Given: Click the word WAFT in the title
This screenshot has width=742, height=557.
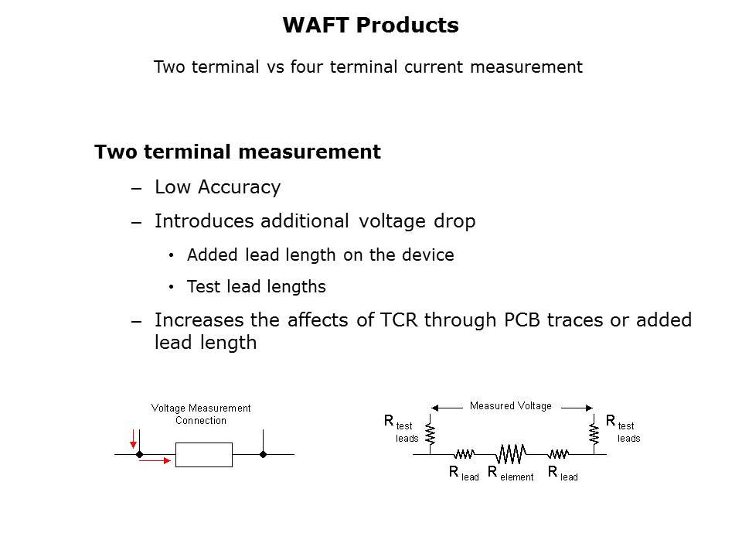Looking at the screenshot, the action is pyautogui.click(x=313, y=26).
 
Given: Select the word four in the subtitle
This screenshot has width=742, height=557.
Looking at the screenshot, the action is pyautogui.click(x=308, y=67).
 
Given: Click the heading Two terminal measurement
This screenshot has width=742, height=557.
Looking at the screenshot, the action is pyautogui.click(x=237, y=152).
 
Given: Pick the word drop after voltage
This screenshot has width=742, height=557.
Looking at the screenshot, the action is pyautogui.click(x=454, y=221).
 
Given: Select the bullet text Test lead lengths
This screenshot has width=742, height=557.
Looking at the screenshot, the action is pyautogui.click(x=256, y=287).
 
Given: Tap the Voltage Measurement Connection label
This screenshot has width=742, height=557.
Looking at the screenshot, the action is pyautogui.click(x=201, y=414).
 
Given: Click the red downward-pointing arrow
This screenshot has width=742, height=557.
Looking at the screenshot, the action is pyautogui.click(x=134, y=439).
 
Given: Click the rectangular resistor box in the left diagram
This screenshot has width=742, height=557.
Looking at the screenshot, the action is pyautogui.click(x=204, y=454).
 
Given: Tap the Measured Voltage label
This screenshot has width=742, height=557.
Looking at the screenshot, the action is pyautogui.click(x=511, y=405).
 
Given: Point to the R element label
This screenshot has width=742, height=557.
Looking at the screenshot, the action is pyautogui.click(x=510, y=473).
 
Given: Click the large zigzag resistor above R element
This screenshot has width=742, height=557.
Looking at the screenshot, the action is pyautogui.click(x=511, y=452).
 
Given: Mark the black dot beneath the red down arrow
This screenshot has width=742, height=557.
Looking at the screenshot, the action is pyautogui.click(x=139, y=454).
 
